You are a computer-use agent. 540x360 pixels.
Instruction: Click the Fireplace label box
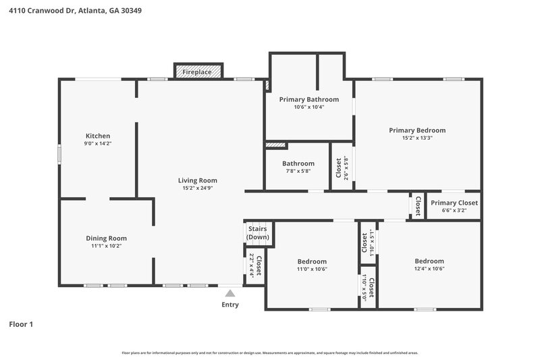(194, 71)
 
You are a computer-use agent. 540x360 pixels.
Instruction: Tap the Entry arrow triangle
(230, 293)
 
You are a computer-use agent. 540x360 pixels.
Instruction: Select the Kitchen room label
(97, 136)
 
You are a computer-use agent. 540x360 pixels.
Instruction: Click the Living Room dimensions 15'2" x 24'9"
(197, 188)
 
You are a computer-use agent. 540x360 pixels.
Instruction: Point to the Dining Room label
(106, 238)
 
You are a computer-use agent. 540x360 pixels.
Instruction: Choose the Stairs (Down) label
(257, 233)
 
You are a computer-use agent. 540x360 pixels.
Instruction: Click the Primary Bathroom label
(308, 99)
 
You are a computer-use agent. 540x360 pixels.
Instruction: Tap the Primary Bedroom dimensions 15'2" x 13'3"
(416, 138)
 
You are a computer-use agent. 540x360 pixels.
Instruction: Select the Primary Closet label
(454, 203)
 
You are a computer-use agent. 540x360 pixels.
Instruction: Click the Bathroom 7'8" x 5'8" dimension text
(298, 171)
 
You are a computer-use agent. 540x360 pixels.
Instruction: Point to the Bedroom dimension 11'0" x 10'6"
(312, 269)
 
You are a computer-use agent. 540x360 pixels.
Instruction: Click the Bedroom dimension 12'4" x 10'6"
(429, 269)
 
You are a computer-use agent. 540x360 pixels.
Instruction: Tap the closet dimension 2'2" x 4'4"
(251, 265)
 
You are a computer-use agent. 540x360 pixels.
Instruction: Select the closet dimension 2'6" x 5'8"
(347, 168)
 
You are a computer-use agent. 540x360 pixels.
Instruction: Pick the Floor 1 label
(21, 324)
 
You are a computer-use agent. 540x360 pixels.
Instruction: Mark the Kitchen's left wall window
(59, 153)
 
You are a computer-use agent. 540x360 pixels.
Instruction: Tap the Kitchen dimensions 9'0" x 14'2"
(97, 143)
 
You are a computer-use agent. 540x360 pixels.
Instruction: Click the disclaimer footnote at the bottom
(269, 353)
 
